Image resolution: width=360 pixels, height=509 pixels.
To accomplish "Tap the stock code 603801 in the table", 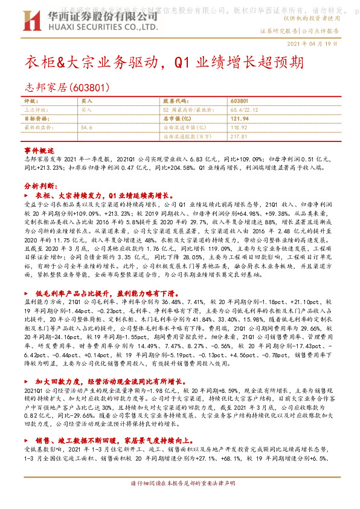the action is (x=239, y=100).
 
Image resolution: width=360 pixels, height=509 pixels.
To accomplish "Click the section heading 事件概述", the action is (x=36, y=149).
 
